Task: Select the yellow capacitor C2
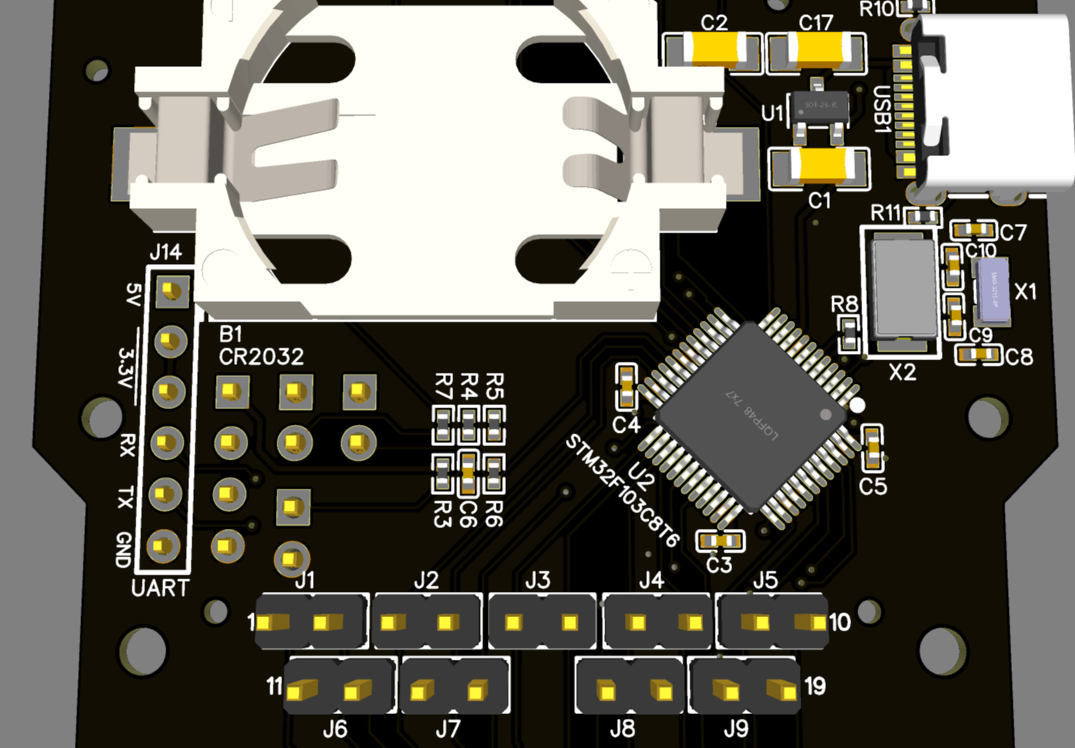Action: click(x=713, y=51)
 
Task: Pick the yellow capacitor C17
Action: click(x=816, y=53)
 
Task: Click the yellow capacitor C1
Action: click(x=820, y=167)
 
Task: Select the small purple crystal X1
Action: click(x=992, y=291)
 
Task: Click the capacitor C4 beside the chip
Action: click(x=626, y=387)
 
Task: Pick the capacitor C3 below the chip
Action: click(x=720, y=541)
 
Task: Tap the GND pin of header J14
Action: click(x=164, y=545)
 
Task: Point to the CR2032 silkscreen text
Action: click(x=261, y=357)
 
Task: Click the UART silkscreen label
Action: click(x=160, y=588)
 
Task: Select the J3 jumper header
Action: click(x=541, y=622)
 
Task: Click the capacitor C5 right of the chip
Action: click(x=872, y=447)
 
